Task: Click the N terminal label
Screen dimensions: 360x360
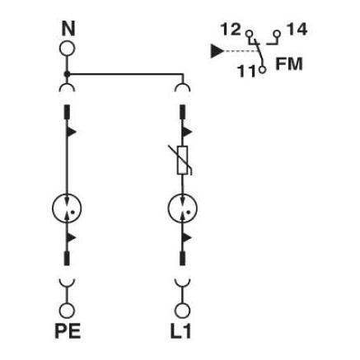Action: (68, 29)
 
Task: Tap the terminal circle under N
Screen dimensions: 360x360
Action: (67, 49)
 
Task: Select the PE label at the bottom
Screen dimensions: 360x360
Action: (68, 331)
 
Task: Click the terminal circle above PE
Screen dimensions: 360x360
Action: (67, 311)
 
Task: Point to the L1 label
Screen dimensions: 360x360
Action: (180, 331)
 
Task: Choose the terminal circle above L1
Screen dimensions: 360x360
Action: (182, 311)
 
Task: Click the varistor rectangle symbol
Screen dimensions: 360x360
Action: (182, 161)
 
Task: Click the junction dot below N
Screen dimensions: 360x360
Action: (67, 74)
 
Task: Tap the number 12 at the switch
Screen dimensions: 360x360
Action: (231, 30)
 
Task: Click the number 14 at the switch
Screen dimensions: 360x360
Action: (297, 30)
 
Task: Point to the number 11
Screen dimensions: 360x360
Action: (247, 71)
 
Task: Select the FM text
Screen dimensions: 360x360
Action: (289, 63)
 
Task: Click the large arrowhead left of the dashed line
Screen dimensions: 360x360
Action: (217, 51)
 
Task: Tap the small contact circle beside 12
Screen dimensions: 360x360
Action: (250, 34)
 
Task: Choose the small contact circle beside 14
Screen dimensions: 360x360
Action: (277, 34)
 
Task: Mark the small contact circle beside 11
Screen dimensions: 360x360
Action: (263, 69)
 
